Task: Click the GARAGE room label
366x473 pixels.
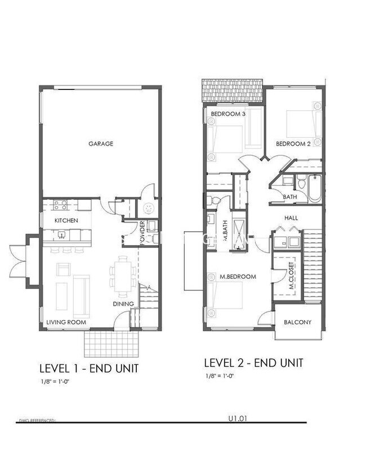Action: tap(101, 143)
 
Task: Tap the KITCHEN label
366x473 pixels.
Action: tap(66, 220)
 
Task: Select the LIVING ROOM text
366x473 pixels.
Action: tap(66, 322)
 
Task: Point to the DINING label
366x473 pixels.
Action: tap(123, 304)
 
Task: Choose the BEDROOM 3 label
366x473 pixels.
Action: tap(229, 114)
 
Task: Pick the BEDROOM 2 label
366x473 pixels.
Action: tap(293, 144)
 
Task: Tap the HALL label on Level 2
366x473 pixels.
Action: tap(292, 218)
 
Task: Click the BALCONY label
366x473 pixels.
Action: tap(298, 322)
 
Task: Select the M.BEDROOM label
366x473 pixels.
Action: tap(238, 277)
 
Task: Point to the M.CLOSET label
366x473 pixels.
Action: tap(292, 275)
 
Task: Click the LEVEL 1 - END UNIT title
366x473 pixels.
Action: tap(89, 369)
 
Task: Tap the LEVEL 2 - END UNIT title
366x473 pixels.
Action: tap(253, 363)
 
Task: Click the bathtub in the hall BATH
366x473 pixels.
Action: tap(313, 188)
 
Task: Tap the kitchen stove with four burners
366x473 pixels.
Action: tap(61, 205)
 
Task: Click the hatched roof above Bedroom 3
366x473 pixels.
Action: tap(233, 91)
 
